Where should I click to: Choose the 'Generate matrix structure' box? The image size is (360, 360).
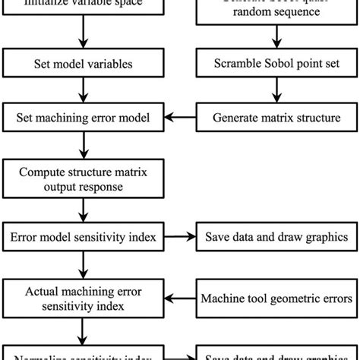[x=276, y=117]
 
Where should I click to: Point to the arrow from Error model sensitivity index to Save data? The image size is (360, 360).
[x=180, y=237]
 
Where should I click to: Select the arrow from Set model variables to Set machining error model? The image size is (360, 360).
[x=81, y=91]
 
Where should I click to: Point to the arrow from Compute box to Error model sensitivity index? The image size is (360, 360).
[x=81, y=208]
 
